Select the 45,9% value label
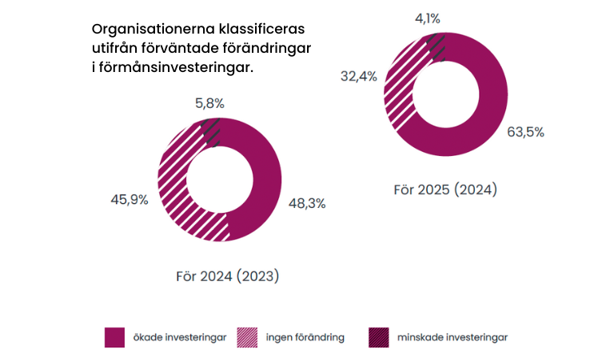pos(129,200)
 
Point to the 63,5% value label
pos(525,132)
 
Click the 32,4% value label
pos(358,77)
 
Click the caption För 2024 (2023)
pos(227,276)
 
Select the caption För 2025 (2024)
pos(445,190)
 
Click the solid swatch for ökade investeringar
pos(116,337)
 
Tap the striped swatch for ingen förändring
pos(249,337)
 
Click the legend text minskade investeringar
pos(452,337)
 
